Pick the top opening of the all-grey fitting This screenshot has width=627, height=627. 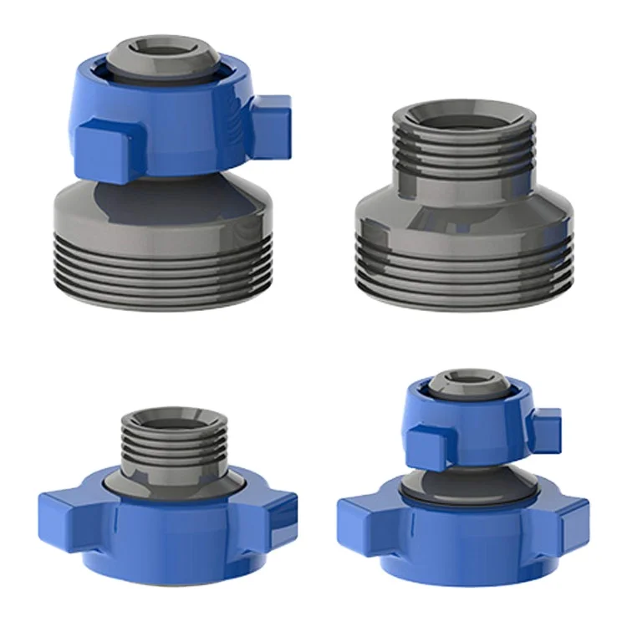(x=463, y=113)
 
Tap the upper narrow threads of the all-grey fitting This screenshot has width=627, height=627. (x=463, y=155)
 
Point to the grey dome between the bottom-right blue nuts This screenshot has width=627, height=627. (x=468, y=485)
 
